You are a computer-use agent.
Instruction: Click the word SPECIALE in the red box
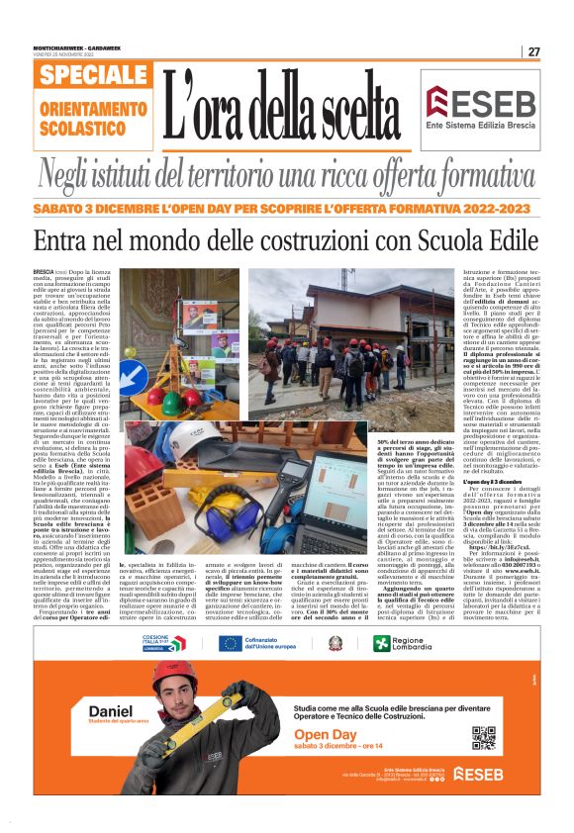tap(96, 76)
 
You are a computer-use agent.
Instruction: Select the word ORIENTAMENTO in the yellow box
tap(94, 107)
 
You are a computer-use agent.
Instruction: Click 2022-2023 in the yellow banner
tap(492, 210)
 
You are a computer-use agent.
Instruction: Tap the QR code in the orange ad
tap(483, 737)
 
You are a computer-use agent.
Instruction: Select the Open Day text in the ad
tap(326, 735)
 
